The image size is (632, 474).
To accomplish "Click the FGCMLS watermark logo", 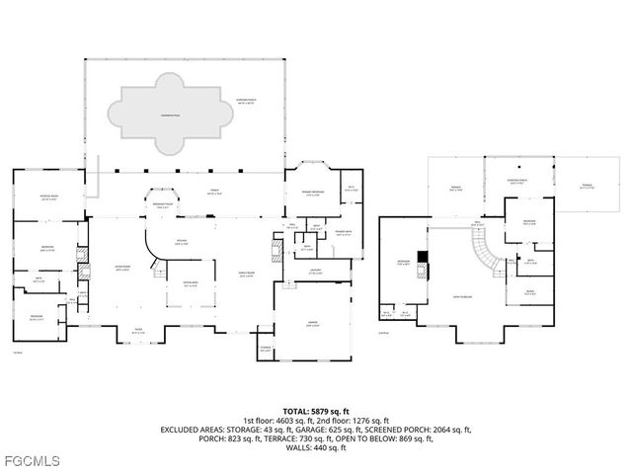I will tap(32, 460).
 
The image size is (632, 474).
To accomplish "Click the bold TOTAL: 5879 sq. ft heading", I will tap(316, 410).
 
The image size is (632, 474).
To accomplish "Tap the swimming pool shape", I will tap(164, 117).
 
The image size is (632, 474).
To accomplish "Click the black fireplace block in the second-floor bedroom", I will tap(423, 259).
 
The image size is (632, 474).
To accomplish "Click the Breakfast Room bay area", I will tap(163, 206).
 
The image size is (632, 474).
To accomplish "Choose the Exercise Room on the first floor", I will tap(46, 197).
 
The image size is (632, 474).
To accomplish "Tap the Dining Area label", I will tap(193, 284).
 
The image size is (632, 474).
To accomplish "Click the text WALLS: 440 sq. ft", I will tap(316, 448).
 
